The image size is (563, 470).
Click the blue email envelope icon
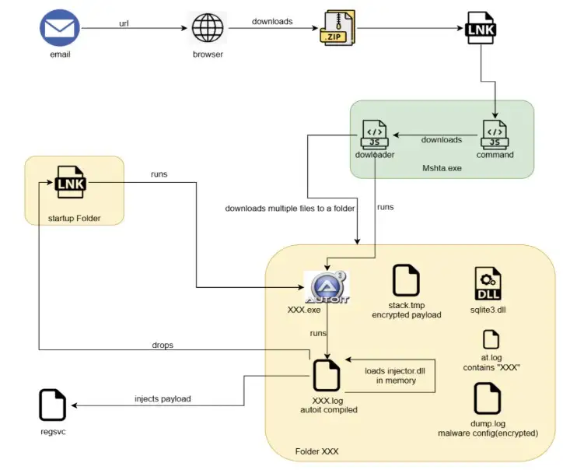point(60,28)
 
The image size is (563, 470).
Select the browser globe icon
point(207,30)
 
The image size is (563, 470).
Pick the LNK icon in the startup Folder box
point(71,184)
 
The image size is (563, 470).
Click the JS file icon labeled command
point(495,134)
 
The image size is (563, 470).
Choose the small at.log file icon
point(490,339)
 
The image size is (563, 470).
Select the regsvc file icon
point(52,405)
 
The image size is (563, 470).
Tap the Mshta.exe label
point(442,168)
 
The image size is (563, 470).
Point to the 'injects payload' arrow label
point(163,398)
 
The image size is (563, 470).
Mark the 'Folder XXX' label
point(318,451)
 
